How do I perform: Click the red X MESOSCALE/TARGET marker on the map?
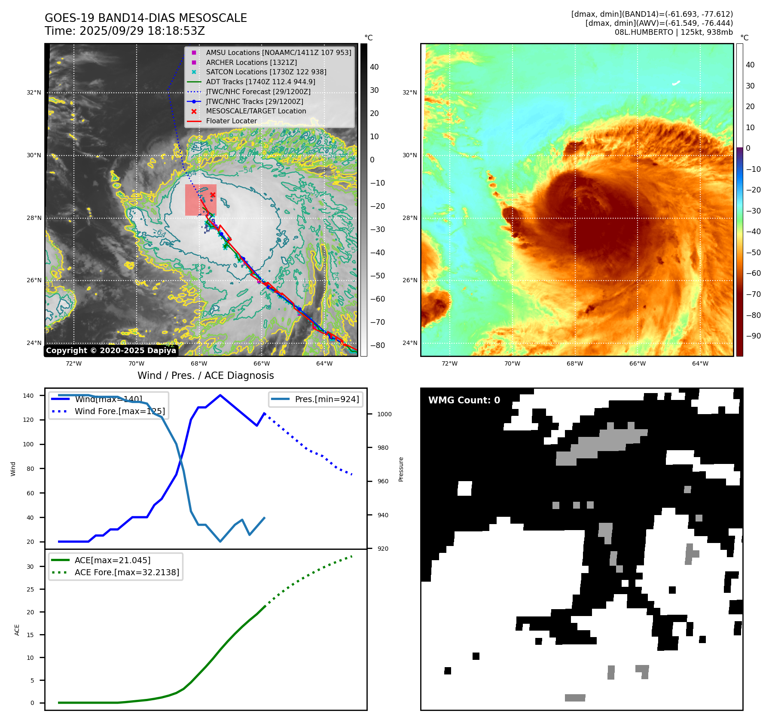point(213,195)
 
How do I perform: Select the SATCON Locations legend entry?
point(266,72)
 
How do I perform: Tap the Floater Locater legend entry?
point(231,121)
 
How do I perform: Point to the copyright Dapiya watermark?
point(111,351)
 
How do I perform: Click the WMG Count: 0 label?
point(464,400)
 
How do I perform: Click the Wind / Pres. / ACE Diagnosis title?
point(205,375)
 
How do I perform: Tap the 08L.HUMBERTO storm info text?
point(673,32)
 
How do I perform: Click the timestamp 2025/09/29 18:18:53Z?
point(142,31)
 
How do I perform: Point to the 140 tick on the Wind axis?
point(28,396)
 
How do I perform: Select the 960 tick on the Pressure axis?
point(383,481)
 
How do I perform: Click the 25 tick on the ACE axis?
point(30,589)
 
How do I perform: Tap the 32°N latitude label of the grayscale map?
point(34,92)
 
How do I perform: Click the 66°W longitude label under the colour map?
point(638,363)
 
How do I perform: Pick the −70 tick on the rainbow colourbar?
point(753,294)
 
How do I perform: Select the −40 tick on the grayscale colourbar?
point(378,253)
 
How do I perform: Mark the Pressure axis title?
point(401,469)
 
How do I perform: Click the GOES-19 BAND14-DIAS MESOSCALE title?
point(146,18)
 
